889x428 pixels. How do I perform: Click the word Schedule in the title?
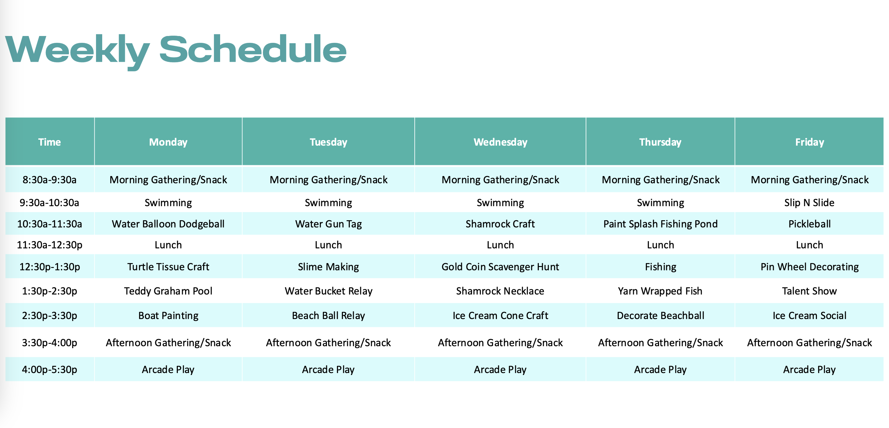253,49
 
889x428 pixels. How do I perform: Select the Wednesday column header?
501,142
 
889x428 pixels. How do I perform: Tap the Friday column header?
809,142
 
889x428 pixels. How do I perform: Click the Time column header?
49,142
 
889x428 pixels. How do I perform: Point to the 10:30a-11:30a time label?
49,224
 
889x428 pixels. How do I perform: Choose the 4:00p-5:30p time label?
49,370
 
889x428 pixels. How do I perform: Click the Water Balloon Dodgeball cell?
168,224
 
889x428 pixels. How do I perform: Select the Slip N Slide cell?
809,203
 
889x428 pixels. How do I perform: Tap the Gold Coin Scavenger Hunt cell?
501,267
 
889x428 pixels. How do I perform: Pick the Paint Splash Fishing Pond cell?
660,224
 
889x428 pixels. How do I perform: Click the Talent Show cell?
809,291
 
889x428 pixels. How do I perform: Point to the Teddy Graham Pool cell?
168,291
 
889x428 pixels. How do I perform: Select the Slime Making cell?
328,267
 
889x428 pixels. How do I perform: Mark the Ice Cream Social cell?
809,315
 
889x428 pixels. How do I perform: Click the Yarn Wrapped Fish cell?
660,291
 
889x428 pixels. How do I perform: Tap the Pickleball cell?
809,224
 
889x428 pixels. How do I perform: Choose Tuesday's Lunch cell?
328,245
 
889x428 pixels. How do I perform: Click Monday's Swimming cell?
168,203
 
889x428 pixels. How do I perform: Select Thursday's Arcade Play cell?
660,370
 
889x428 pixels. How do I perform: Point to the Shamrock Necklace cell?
501,291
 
